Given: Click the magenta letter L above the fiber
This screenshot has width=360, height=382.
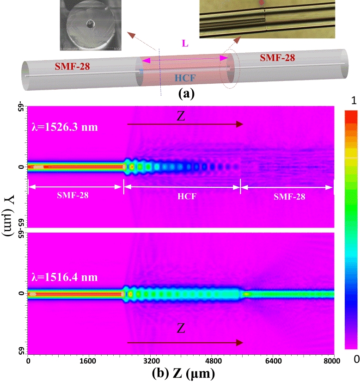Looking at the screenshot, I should [x=184, y=43].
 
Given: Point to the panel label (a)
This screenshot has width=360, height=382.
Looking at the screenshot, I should [x=184, y=94].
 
